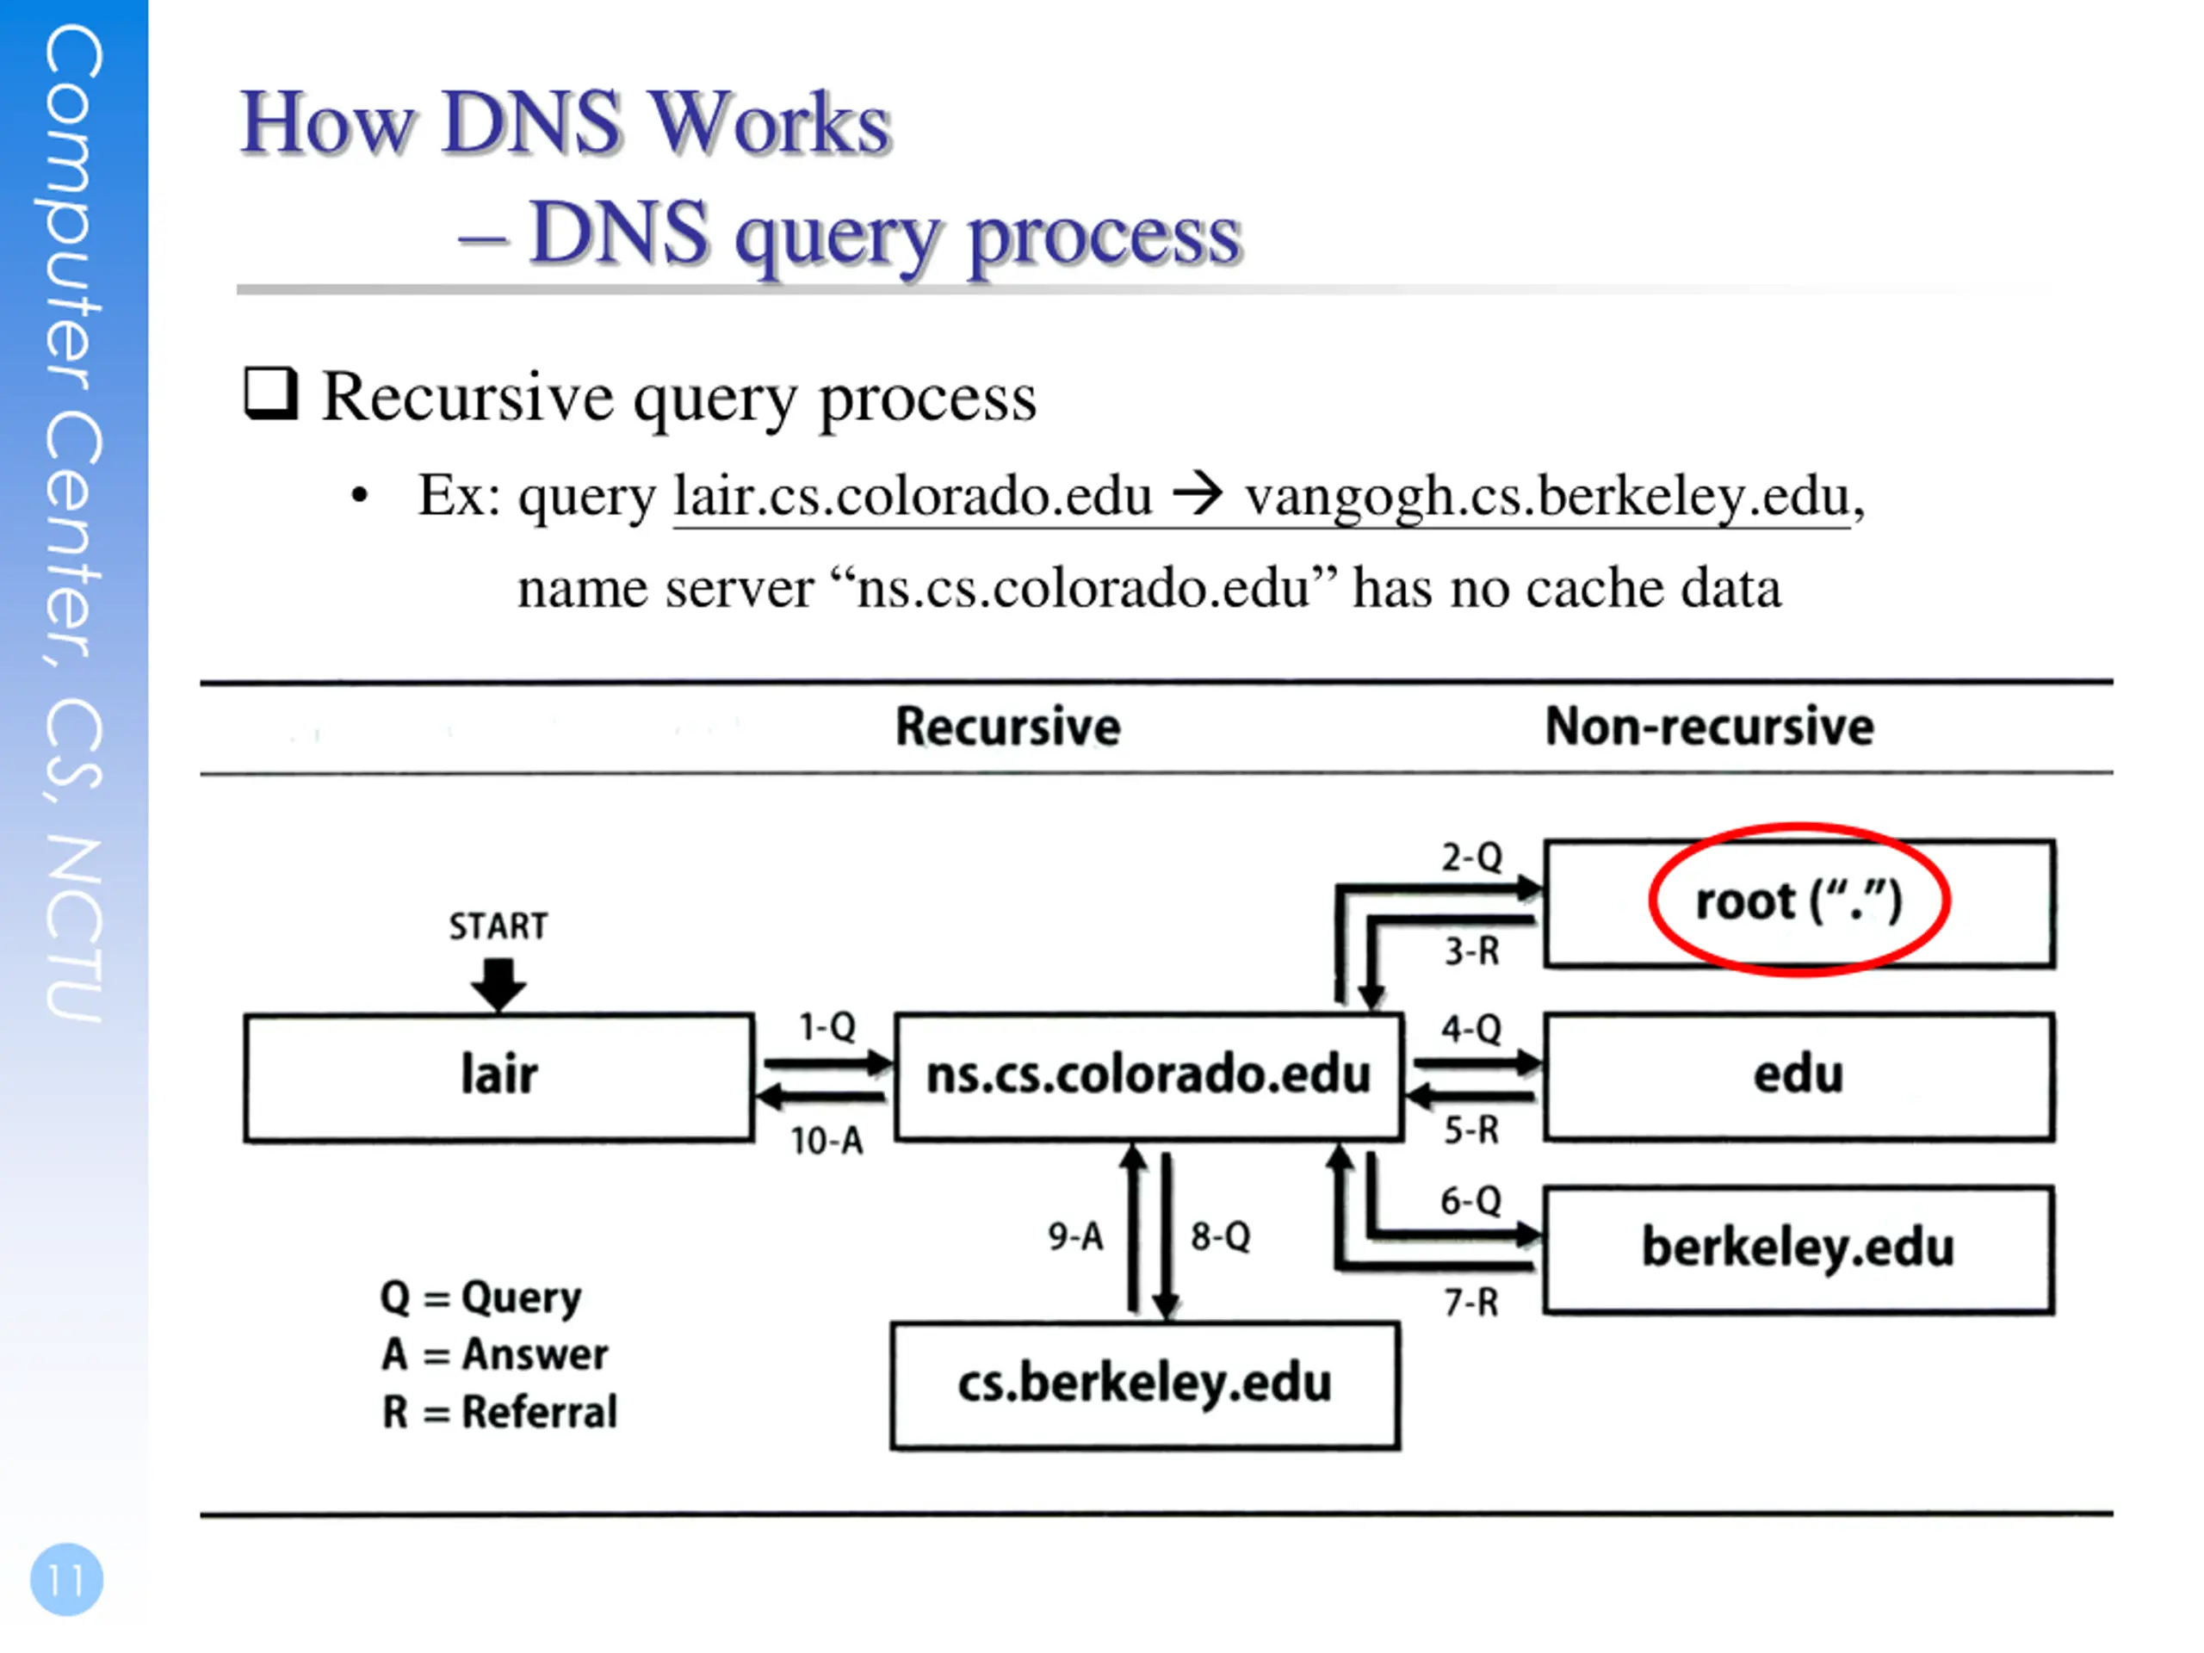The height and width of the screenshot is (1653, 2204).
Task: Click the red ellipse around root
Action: click(x=1799, y=826)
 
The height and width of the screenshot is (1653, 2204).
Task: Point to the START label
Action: click(x=498, y=926)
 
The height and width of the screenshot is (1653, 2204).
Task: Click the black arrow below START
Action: click(x=498, y=984)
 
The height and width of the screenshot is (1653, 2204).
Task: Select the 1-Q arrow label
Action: click(x=827, y=1026)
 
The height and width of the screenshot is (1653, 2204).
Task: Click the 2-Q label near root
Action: click(x=1471, y=857)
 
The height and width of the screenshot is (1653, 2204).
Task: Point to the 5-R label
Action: click(x=1471, y=1130)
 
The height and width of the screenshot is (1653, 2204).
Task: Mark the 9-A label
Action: click(x=1076, y=1236)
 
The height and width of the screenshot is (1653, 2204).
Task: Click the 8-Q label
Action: click(x=1221, y=1236)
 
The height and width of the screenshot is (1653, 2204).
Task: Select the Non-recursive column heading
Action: click(x=1709, y=727)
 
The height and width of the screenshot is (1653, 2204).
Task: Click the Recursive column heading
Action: click(x=1008, y=727)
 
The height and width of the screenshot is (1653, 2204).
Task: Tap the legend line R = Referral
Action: click(x=499, y=1412)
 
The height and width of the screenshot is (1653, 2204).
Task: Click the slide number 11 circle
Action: click(x=67, y=1579)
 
